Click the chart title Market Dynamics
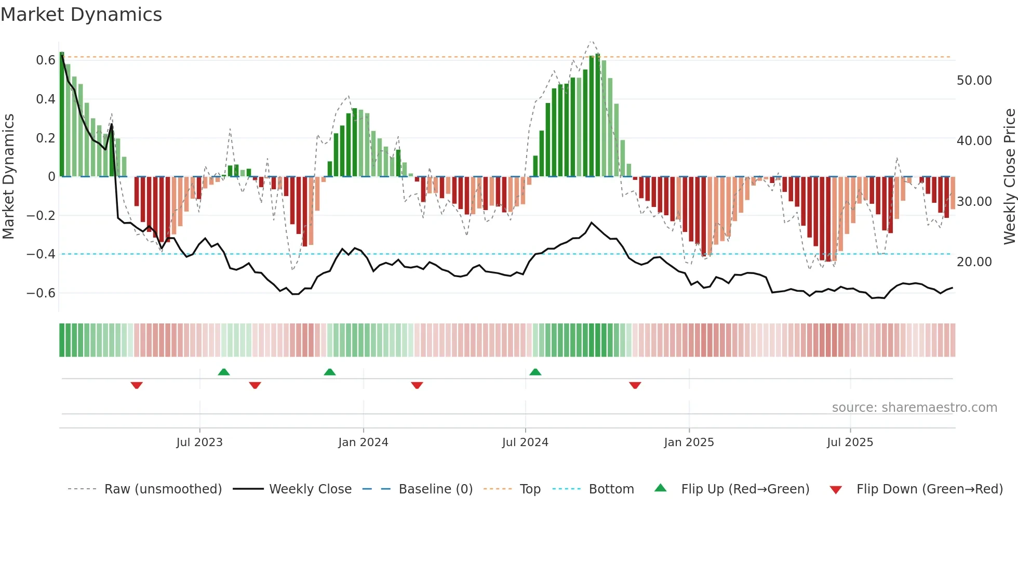click(81, 15)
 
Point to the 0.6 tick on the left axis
click(46, 60)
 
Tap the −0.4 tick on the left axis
click(41, 254)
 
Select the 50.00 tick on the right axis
click(974, 81)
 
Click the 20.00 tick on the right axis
click(974, 262)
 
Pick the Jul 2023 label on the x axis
click(199, 442)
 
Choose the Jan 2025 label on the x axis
click(689, 442)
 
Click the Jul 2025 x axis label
click(850, 442)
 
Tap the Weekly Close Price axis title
click(1009, 177)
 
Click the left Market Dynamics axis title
click(8, 177)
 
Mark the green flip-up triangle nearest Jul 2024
click(535, 372)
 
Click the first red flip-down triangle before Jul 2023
click(137, 385)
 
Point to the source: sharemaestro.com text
click(914, 408)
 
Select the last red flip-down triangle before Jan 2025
click(635, 385)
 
